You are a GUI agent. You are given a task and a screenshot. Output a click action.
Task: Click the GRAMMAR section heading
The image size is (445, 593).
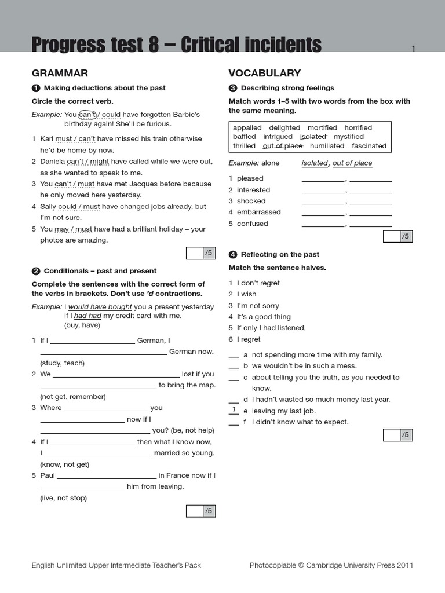click(60, 73)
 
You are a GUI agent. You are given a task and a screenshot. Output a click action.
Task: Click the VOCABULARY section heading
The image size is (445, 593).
click(264, 73)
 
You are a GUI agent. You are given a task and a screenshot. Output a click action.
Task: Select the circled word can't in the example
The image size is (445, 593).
click(87, 114)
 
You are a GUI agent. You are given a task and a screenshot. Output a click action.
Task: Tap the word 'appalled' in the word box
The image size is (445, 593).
click(247, 127)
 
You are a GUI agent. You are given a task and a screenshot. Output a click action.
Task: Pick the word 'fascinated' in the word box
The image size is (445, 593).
click(369, 146)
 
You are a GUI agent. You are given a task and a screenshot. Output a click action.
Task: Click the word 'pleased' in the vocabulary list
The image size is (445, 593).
click(250, 178)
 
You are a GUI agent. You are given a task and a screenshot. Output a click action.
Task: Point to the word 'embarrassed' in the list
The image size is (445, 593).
click(258, 212)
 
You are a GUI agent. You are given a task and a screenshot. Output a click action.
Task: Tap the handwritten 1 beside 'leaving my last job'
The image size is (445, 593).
click(234, 410)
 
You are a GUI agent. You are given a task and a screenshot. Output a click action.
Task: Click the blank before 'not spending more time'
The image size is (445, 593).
click(234, 355)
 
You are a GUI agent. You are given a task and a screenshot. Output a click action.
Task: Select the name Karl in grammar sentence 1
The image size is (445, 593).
click(47, 139)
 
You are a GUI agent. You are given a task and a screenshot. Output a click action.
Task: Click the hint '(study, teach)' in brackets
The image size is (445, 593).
click(62, 363)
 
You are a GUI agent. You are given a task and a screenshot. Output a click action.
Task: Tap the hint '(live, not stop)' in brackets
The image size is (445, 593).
click(63, 498)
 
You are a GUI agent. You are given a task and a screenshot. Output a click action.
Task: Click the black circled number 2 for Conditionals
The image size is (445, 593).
click(36, 271)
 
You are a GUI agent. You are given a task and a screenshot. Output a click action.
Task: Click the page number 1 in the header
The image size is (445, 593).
click(413, 49)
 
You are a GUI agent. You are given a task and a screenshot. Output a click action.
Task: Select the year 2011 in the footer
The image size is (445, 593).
click(405, 565)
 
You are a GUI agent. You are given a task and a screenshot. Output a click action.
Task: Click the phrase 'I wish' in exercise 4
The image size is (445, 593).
click(246, 294)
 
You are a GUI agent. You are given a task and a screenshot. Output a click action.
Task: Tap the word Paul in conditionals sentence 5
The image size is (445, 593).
click(48, 475)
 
